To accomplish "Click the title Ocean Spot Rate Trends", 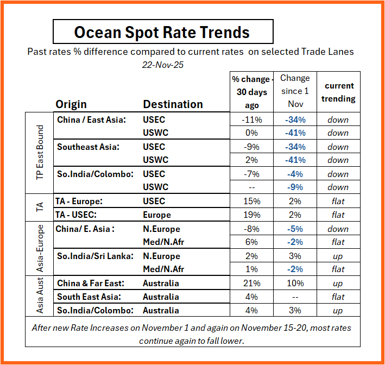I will click(162, 32).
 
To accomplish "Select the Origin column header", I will click(71, 104).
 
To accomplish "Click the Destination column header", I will click(173, 104).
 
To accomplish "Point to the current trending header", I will click(339, 92).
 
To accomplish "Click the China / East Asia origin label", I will click(91, 119).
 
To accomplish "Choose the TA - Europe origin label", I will click(79, 201).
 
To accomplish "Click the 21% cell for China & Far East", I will click(251, 284).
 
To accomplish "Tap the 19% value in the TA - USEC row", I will click(251, 215).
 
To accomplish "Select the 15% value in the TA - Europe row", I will click(251, 202).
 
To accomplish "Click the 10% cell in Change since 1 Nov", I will click(295, 284).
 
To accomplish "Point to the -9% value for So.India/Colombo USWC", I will click(295, 187).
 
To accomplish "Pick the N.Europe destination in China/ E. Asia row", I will click(161, 229).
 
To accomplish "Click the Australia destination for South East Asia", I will click(161, 297).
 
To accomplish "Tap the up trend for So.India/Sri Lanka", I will click(338, 256).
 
